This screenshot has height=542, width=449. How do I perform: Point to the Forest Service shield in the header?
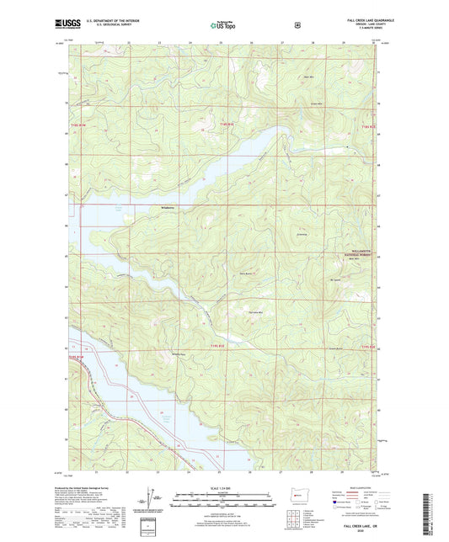[297, 25]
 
